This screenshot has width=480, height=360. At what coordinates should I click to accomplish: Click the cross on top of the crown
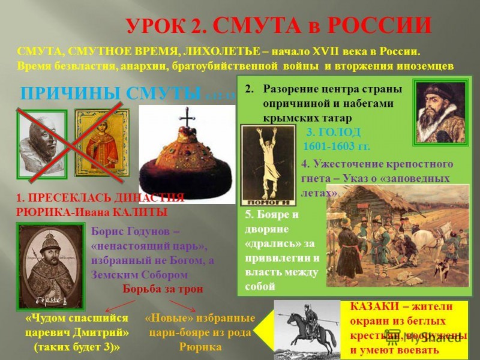point(187,119)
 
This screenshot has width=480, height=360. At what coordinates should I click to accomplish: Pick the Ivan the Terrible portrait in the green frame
point(440,111)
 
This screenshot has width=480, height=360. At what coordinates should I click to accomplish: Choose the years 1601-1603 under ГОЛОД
point(337,146)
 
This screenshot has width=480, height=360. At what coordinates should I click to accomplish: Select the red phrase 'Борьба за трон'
point(163,288)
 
